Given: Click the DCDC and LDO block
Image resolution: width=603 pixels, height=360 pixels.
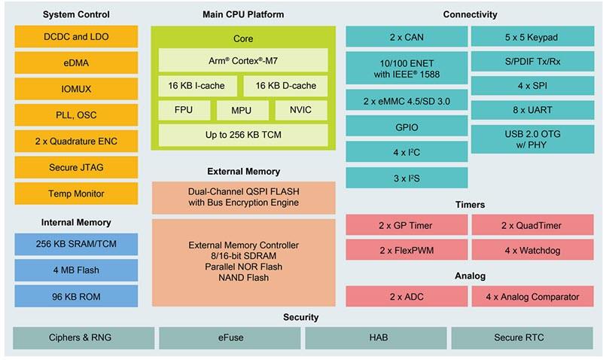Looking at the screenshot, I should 76,36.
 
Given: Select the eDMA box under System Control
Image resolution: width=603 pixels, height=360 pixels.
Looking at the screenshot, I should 76,63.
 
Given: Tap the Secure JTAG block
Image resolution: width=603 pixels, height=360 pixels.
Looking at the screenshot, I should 76,167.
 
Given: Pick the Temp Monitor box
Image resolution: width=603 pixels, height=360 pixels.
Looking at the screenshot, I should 76,194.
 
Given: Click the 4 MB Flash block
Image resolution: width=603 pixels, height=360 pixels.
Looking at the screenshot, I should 76,270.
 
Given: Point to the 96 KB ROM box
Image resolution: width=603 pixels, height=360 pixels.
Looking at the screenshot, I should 76,296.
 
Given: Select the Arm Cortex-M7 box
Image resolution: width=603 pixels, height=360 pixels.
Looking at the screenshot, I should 242,60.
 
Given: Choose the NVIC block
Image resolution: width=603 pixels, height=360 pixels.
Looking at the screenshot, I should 300,111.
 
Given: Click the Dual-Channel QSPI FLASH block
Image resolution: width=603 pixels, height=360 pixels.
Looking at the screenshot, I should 243,197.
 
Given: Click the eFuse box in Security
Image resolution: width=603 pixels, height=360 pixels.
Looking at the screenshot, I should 230,338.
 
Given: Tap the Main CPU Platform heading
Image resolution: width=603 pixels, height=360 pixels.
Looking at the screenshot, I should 243,14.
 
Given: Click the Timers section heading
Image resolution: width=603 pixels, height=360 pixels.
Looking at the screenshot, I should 471,204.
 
